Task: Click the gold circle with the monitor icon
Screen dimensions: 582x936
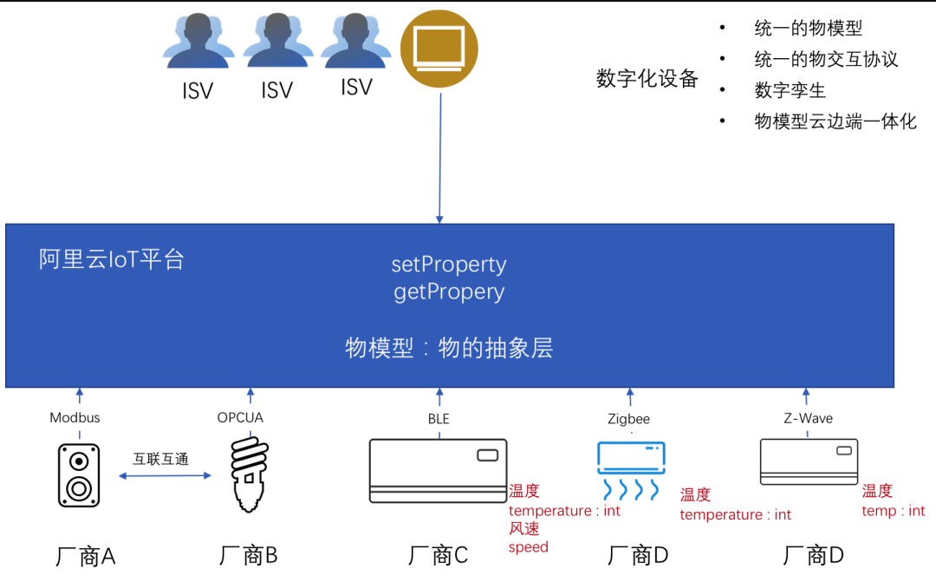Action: (439, 49)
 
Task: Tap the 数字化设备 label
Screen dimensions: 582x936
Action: (647, 79)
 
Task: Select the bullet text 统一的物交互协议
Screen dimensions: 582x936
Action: (826, 59)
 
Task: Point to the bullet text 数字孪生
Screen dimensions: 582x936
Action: (790, 90)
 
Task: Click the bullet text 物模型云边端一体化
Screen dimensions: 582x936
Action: (835, 121)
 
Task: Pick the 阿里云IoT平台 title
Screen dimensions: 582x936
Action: (112, 259)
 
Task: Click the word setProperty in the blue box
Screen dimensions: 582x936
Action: (449, 265)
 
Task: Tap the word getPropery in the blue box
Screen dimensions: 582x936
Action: (449, 292)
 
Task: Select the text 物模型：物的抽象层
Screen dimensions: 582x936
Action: (449, 349)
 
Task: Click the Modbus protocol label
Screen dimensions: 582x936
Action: (75, 418)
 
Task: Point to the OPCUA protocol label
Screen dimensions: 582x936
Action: (240, 418)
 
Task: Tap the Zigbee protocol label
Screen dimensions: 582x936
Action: (628, 419)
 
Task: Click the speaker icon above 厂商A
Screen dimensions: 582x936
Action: (79, 475)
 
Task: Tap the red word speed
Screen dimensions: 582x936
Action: (528, 547)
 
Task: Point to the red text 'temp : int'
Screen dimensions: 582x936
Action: (894, 511)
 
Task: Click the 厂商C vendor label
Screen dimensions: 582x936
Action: (438, 555)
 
